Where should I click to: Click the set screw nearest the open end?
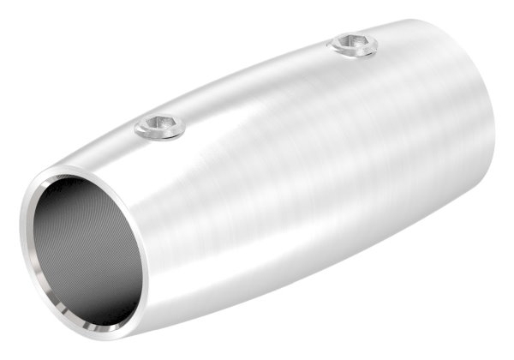point(161,129)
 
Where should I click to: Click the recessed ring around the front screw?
point(146,132)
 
